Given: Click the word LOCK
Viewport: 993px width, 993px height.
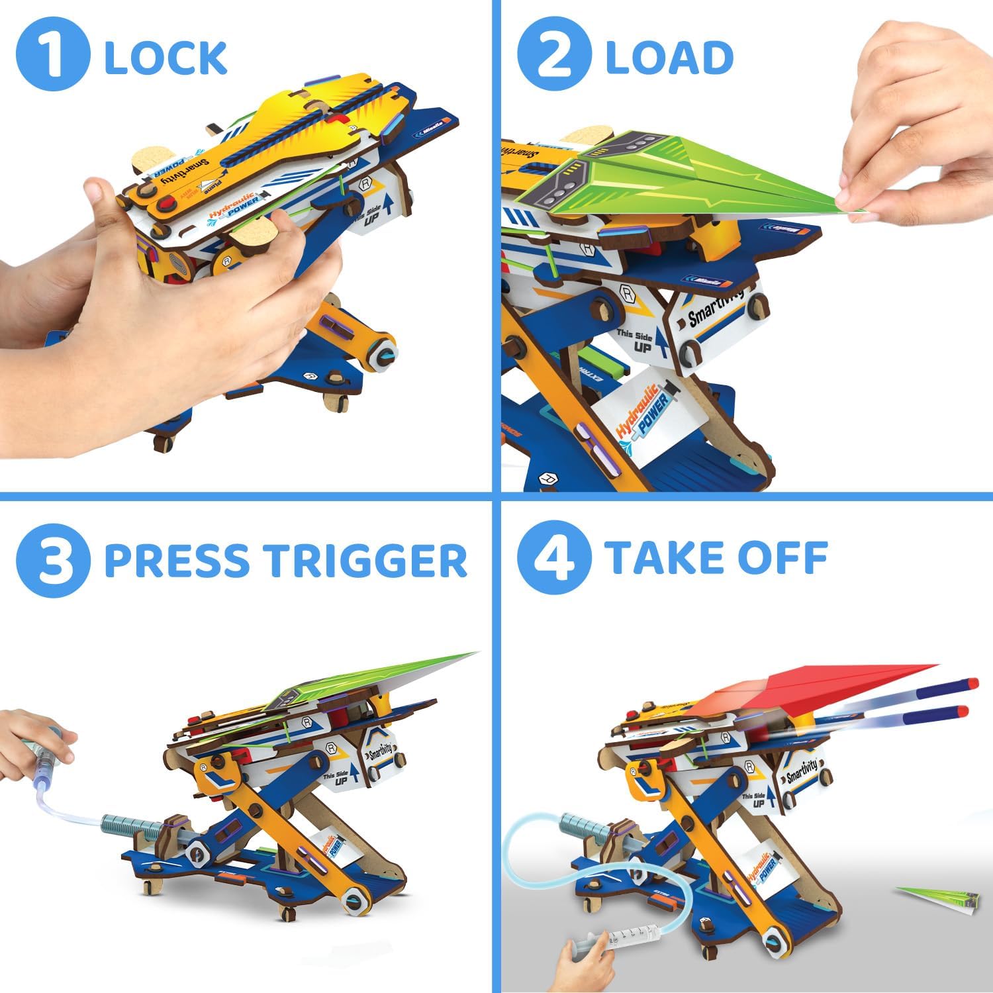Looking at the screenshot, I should [x=165, y=58].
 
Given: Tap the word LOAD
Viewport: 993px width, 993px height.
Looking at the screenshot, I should [x=669, y=58].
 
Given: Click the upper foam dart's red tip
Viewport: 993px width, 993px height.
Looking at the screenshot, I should [x=971, y=683].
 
